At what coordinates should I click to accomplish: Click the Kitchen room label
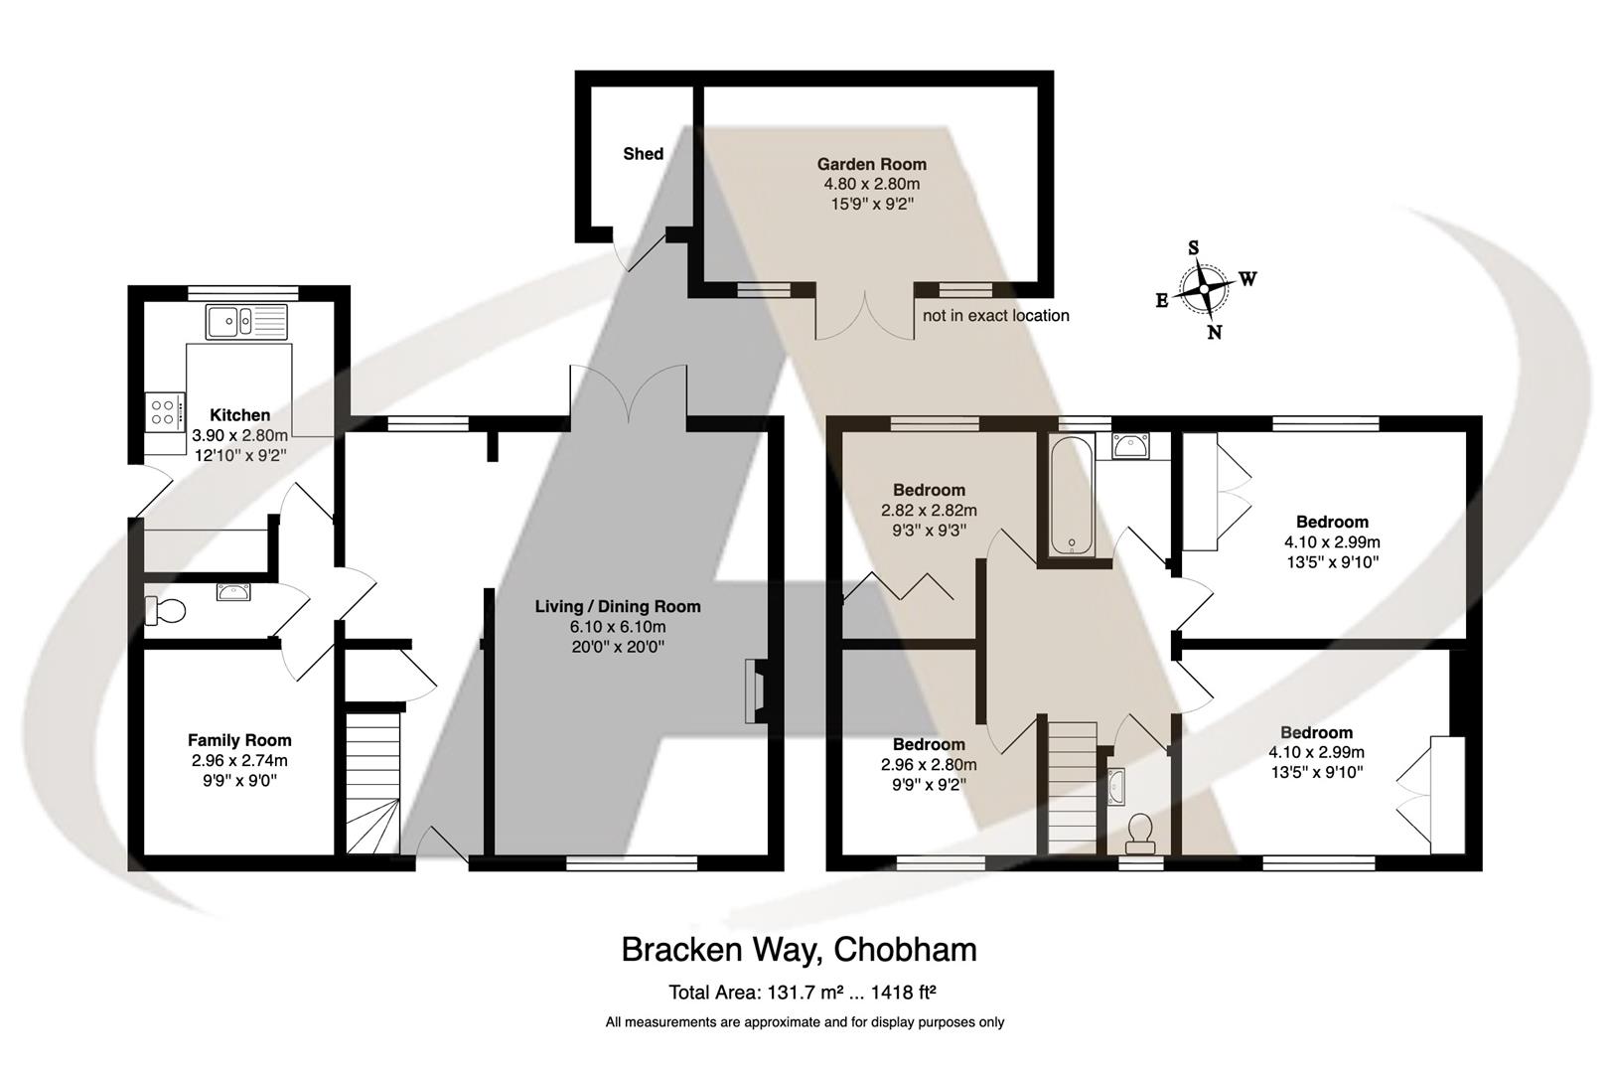pos(240,415)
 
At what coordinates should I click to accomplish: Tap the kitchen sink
pos(246,321)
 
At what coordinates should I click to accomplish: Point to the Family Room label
pos(239,740)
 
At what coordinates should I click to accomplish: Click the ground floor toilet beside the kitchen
pos(165,611)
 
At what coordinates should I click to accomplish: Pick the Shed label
pos(644,153)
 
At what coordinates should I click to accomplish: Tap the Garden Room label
pos(872,164)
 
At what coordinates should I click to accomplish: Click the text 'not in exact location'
pos(995,316)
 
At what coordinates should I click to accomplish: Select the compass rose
pos(1205,290)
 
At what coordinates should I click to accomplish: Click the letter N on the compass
pos(1215,332)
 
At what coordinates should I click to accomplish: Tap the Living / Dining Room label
pos(618,606)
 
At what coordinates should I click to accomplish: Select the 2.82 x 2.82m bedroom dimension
pos(929,511)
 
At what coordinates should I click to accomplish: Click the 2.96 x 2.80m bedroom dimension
pos(929,764)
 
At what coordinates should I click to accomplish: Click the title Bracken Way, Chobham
pos(800,949)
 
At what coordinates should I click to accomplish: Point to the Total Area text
pos(803,993)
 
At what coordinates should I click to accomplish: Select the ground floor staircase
pos(373,783)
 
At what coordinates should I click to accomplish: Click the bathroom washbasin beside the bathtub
pos(1130,446)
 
